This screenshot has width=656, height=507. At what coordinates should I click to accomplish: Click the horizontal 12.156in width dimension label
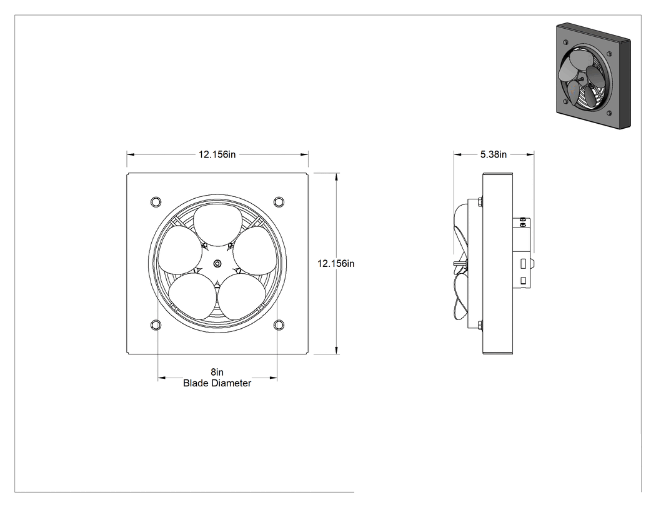pos(217,154)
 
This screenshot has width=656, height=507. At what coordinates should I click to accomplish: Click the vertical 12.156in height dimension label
pos(336,263)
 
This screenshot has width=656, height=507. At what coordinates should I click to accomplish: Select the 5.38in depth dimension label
pos(494,154)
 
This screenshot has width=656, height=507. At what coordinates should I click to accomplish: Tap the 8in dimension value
pos(217,372)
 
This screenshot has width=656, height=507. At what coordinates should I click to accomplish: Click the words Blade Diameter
pos(217,383)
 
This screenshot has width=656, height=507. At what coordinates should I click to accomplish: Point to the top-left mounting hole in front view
pos(156,202)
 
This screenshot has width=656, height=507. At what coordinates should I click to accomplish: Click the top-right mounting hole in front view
pos(279,202)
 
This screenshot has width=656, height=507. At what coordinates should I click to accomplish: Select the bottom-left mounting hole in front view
pos(156,324)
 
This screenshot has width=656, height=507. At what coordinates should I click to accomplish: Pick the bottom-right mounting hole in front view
pos(279,324)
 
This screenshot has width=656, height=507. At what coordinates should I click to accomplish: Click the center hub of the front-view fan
pos(217,263)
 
